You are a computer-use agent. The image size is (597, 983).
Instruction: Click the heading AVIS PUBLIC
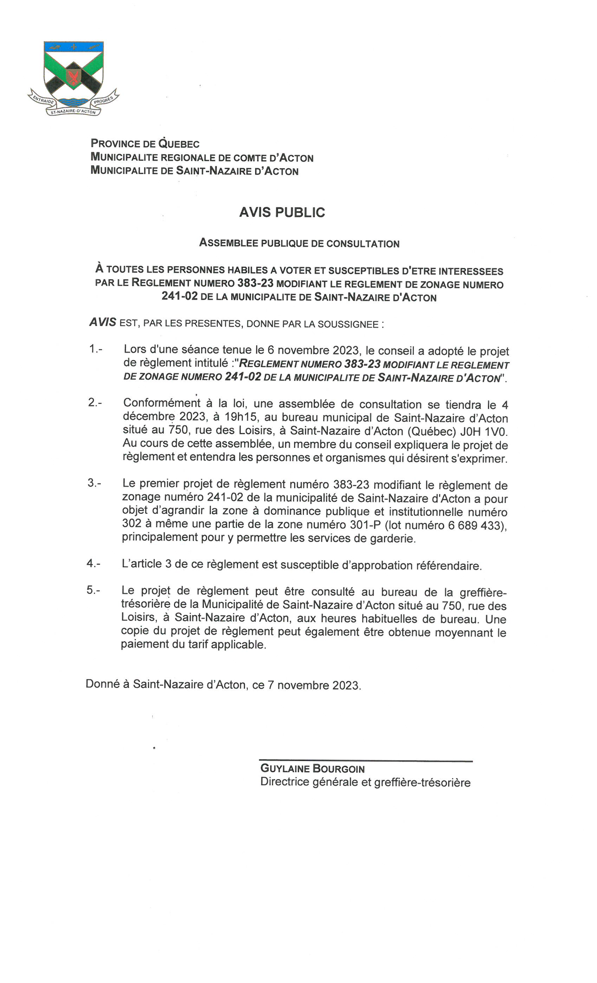(282, 212)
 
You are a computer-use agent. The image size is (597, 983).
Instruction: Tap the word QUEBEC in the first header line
(179, 144)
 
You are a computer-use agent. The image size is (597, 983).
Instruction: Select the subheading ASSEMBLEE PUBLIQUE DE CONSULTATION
(299, 244)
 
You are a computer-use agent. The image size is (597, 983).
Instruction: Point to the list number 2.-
(95, 403)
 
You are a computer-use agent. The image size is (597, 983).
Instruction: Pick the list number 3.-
(95, 483)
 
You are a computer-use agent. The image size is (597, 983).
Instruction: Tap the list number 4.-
(94, 564)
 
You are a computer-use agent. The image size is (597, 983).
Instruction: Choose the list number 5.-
(94, 590)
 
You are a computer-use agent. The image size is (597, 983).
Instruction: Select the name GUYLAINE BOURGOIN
(312, 769)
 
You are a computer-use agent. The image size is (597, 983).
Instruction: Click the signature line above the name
(366, 761)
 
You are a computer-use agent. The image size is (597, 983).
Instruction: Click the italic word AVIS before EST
(102, 322)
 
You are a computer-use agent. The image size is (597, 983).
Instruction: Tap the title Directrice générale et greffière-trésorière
(365, 783)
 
